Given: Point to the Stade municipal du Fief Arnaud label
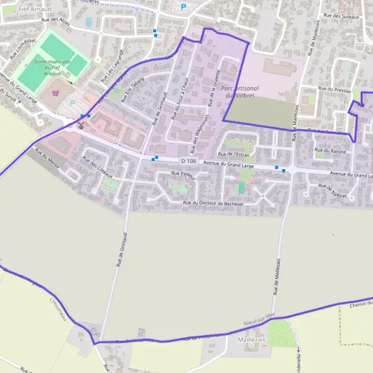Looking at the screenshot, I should pyautogui.click(x=52, y=67).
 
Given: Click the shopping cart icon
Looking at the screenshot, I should pyautogui.click(x=57, y=93).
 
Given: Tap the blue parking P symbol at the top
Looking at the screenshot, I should pyautogui.click(x=183, y=7).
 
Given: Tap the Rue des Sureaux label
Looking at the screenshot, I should pyautogui.click(x=342, y=16).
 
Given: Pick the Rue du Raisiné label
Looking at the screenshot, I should pyautogui.click(x=331, y=150).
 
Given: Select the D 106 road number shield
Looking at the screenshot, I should pyautogui.click(x=184, y=162).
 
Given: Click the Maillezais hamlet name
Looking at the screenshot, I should pyautogui.click(x=252, y=340).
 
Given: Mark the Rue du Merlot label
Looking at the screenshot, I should pyautogui.click(x=47, y=159).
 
